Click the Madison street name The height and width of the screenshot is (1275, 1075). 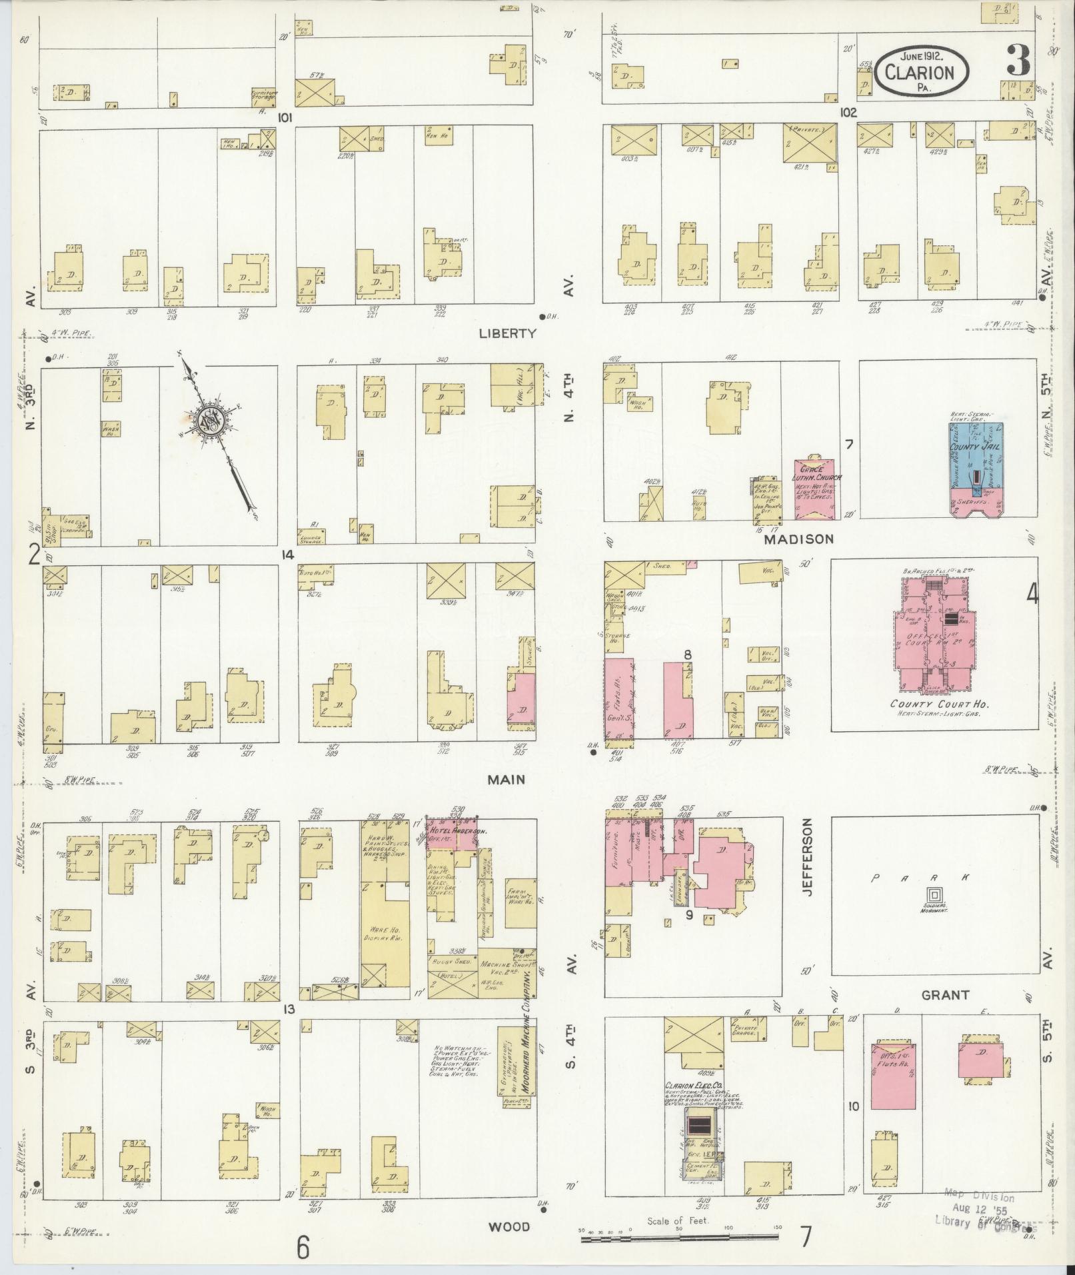point(798,539)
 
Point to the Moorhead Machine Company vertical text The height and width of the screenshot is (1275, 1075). point(525,1057)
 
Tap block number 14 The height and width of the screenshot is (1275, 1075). point(287,555)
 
